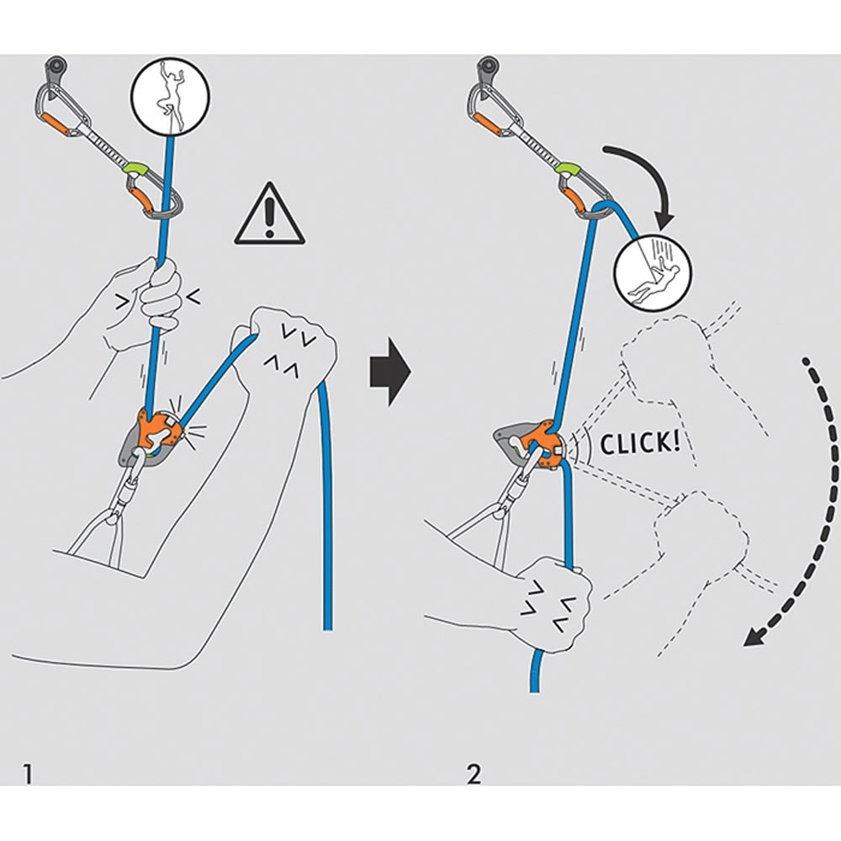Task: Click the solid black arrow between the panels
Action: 389,371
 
